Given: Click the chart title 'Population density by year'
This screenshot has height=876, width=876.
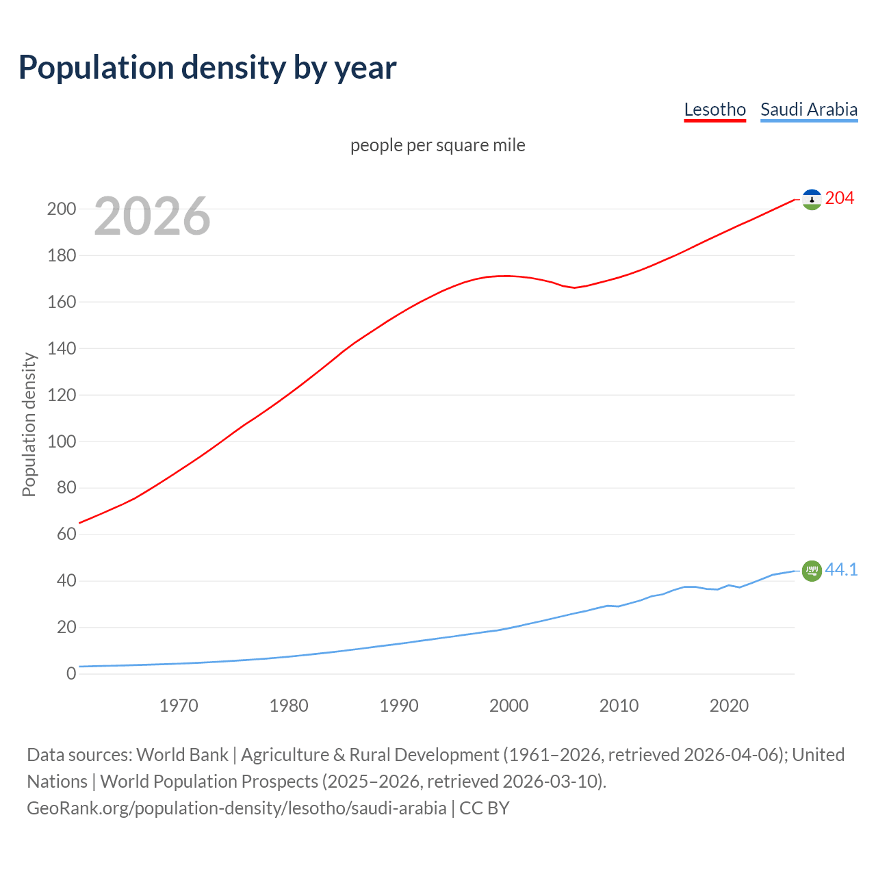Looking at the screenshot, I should coord(207,68).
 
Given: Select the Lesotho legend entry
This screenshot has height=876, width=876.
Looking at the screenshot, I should coord(714,109).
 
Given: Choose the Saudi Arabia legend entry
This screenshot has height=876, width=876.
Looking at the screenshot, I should coord(808,109).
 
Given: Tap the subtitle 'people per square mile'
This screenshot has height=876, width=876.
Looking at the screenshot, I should coord(437,145).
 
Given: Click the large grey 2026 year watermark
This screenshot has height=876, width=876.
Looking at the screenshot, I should coord(152,216).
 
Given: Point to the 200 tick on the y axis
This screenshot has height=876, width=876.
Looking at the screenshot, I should coord(61,209).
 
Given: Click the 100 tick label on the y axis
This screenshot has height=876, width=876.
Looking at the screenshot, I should coord(61,441).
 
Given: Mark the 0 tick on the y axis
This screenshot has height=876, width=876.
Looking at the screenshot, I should coord(71,674).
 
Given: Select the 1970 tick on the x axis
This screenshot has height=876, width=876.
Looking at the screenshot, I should coord(179,706).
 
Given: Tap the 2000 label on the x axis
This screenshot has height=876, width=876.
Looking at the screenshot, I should coord(508,706).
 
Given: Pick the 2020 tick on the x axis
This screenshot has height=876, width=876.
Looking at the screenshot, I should coord(729,706).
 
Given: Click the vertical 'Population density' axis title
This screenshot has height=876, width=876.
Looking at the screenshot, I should coord(29,424).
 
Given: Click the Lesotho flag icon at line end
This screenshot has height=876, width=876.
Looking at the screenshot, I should coord(812,199).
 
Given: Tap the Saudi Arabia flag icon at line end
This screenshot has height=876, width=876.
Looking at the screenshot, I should coord(812,570).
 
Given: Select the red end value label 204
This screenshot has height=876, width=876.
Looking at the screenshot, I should coord(840,198).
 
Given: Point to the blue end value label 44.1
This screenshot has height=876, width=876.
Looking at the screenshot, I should coord(841,569).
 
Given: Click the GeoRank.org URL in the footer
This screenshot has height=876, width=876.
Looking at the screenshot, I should coord(236,808).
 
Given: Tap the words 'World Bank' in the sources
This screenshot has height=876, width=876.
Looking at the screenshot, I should coord(182,755).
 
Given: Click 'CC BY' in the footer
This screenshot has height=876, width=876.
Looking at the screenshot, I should coord(485,808).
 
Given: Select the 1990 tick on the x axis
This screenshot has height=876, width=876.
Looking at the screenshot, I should coord(399,706).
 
